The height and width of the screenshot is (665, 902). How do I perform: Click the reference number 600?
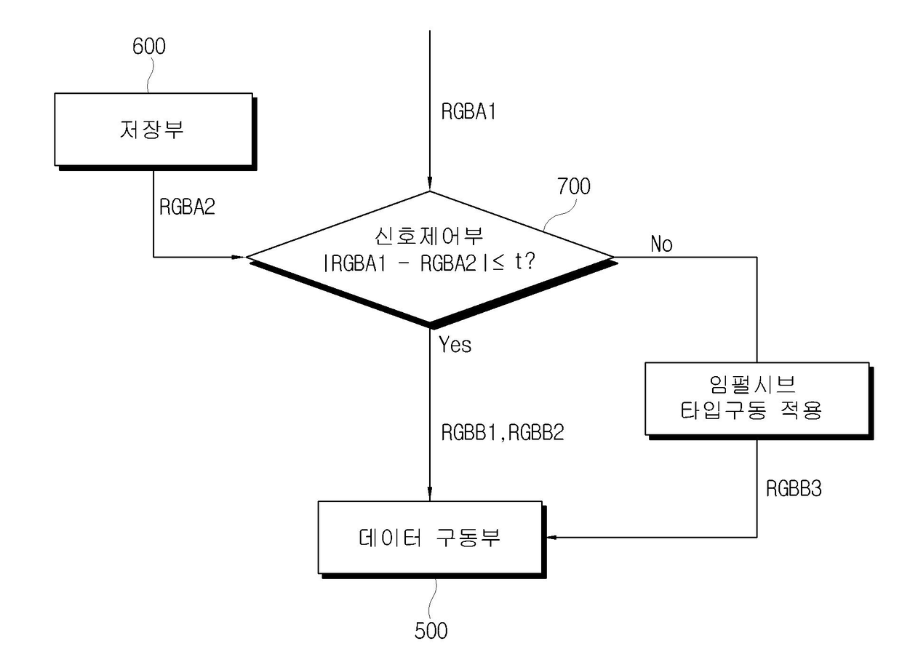[x=149, y=47]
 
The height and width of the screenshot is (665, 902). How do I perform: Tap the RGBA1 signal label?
[x=469, y=112]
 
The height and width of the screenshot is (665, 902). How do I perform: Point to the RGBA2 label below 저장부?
[x=187, y=207]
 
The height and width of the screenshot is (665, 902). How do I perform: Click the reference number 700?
[x=574, y=187]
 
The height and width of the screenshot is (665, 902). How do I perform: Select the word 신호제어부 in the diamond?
[x=429, y=237]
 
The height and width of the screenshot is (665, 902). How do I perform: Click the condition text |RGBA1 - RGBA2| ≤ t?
[x=429, y=264]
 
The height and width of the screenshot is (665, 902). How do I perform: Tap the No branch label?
[x=661, y=244]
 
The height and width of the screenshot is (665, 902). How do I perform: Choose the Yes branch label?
[x=455, y=344]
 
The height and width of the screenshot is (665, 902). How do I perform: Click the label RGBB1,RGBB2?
[x=503, y=433]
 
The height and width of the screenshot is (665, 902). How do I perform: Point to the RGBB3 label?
[x=794, y=488]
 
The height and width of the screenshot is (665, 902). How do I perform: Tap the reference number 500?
[x=431, y=630]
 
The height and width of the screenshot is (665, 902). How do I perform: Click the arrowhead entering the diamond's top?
[x=430, y=184]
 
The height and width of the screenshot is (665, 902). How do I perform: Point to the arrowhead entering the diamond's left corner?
[x=239, y=257]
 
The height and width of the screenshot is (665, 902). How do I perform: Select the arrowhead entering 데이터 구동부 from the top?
[x=430, y=494]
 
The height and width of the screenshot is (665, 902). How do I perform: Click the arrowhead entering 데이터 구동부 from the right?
[x=550, y=538]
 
